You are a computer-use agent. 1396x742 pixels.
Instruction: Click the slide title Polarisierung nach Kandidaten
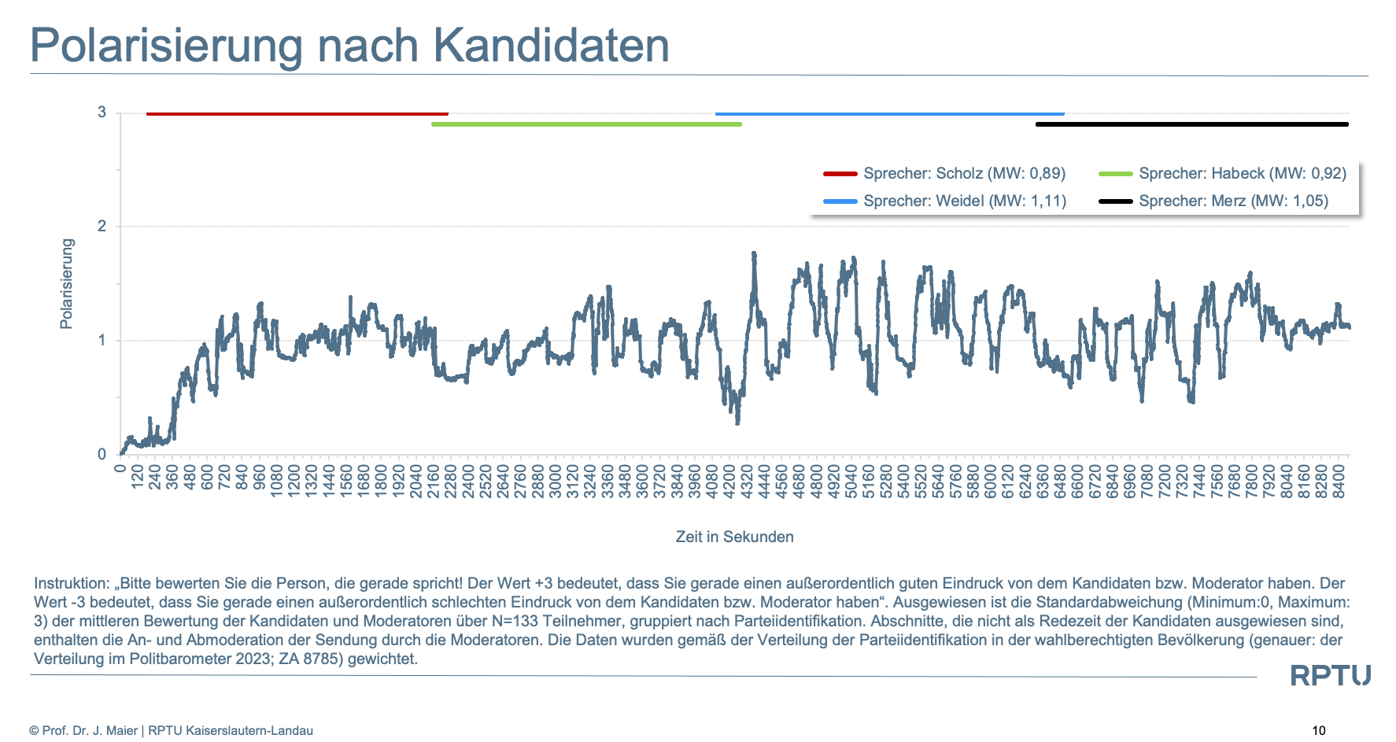click(349, 46)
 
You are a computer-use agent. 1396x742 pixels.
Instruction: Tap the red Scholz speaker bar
click(297, 114)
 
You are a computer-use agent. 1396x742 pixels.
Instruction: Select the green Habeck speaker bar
click(586, 124)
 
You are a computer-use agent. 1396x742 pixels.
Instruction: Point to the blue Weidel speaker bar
click(889, 114)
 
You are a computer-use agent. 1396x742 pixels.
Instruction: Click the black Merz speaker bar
click(1191, 124)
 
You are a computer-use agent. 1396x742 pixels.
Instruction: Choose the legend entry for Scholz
click(944, 174)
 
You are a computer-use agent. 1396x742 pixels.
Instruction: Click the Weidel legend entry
click(944, 201)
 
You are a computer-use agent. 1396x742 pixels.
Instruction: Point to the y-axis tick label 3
click(102, 113)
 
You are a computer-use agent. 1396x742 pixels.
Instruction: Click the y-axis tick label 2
click(102, 227)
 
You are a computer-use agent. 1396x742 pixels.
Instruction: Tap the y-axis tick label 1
click(102, 341)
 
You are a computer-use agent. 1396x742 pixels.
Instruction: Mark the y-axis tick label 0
click(102, 455)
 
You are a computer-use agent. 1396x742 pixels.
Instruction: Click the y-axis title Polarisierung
click(67, 283)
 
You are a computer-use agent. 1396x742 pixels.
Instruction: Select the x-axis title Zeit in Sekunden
click(734, 537)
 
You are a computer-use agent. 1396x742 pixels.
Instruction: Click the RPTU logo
click(1330, 676)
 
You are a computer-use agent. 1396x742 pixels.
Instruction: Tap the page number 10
click(1319, 730)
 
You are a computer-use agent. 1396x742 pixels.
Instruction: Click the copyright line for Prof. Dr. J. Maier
click(172, 731)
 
